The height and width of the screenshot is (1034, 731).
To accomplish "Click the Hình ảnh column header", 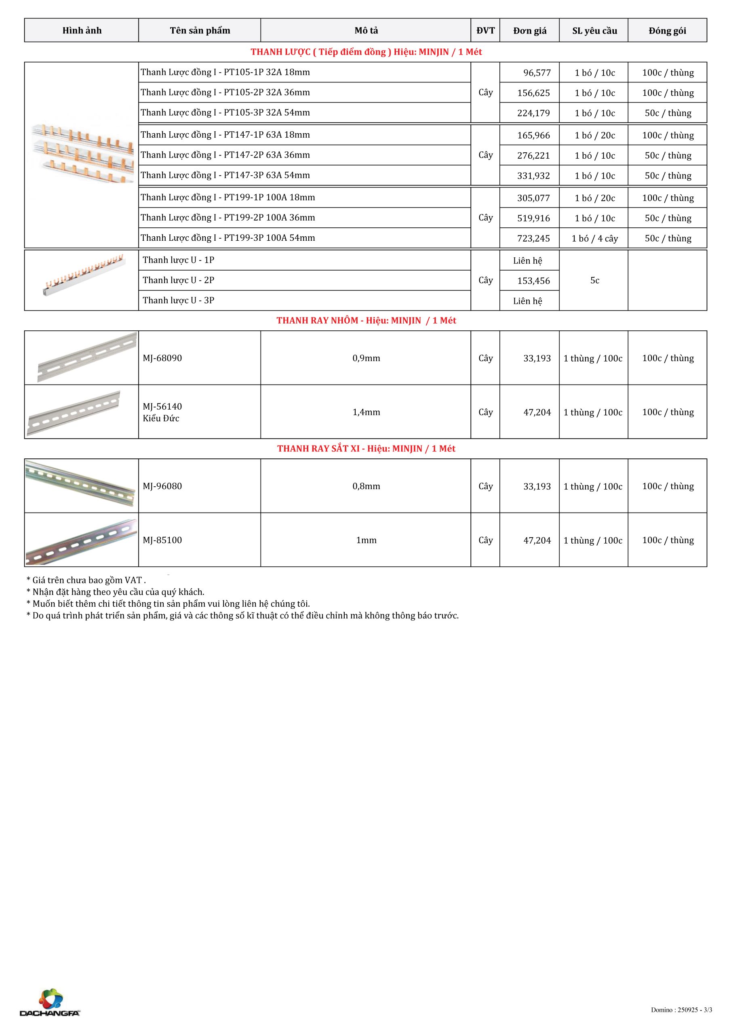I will (82, 31).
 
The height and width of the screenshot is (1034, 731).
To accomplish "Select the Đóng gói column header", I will (667, 31).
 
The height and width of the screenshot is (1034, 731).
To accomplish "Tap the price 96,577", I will (537, 73).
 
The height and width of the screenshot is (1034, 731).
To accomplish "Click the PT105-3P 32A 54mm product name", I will (225, 113).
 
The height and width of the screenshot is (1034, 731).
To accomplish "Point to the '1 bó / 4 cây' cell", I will (594, 238).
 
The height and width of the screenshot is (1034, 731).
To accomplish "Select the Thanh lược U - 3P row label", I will (179, 301).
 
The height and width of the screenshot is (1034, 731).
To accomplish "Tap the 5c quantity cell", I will (594, 281).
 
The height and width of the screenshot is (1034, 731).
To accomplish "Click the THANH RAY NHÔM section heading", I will (366, 321).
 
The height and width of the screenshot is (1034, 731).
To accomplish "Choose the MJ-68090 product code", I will (162, 358).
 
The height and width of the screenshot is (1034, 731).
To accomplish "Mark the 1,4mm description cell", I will (366, 412).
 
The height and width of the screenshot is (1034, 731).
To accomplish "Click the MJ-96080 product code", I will (162, 486).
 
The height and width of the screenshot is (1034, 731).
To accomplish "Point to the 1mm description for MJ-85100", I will (366, 540).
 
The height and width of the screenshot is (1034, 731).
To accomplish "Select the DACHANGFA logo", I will (50, 1002).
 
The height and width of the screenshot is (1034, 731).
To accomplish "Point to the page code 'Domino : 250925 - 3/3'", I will (681, 1010).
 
